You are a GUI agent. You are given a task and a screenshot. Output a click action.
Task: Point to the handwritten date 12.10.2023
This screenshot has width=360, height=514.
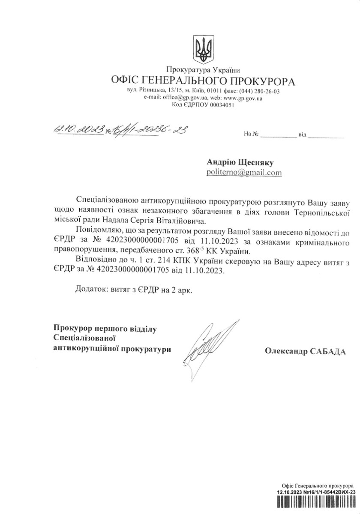[78, 128]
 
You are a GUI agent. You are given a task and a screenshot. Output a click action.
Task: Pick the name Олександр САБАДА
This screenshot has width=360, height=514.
[305, 351]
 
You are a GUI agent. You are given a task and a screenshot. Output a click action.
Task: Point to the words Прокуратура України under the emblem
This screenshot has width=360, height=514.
[203, 70]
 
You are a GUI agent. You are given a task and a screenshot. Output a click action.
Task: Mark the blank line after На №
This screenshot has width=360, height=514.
[278, 136]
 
